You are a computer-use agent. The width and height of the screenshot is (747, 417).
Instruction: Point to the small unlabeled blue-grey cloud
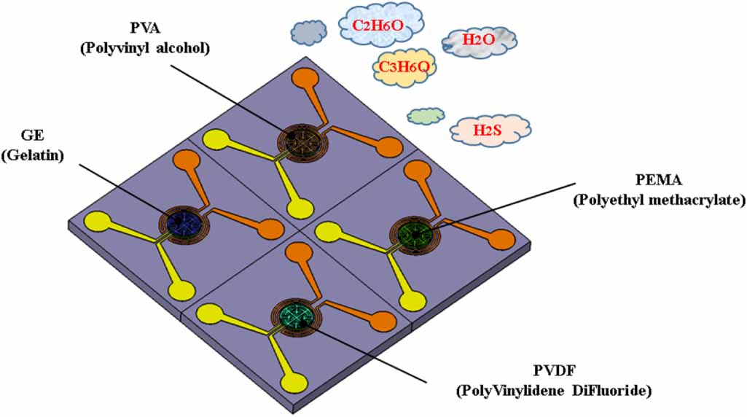pyautogui.click(x=308, y=31)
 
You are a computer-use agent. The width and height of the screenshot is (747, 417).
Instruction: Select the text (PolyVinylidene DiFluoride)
pyautogui.click(x=554, y=391)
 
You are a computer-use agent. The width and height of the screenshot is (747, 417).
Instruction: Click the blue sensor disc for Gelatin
pyautogui.click(x=180, y=223)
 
